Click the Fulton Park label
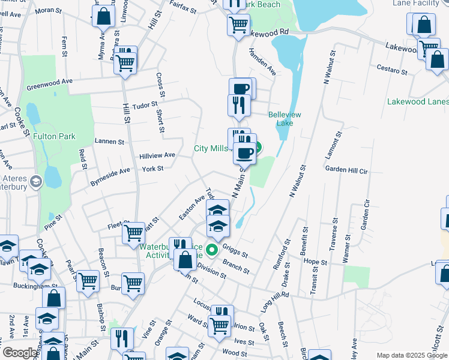[54, 136]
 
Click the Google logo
[20, 353]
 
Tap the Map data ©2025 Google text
[411, 355]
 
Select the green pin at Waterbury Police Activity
[211, 250]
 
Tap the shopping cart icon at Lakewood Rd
[238, 25]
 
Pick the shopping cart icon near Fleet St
[133, 232]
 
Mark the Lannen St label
[109, 142]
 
